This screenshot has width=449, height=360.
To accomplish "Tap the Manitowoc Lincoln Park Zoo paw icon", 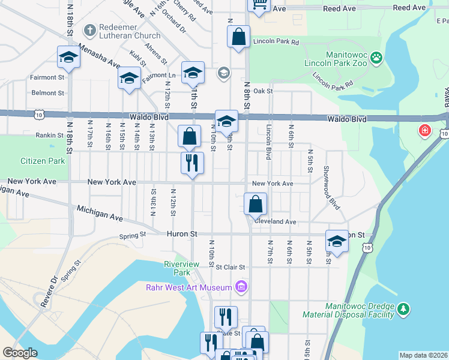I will pos(376,58).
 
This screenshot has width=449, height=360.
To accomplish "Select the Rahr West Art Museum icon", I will pos(241,287).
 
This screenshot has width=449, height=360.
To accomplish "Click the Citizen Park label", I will pos(42,161).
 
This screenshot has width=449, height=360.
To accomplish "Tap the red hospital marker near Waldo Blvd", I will pos(425,130).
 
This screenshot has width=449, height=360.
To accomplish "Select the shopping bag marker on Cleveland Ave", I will pos(255,203).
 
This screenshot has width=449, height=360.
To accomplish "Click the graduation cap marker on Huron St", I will pos(337,241).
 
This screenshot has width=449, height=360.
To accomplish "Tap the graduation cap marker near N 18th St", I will pos(68,57).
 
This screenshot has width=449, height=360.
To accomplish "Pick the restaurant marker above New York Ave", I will pos(193,163).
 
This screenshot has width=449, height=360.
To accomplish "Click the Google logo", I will pos(20,353).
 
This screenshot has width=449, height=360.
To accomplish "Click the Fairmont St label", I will pos(47,77).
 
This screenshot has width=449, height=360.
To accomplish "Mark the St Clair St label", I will pos(231,267).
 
